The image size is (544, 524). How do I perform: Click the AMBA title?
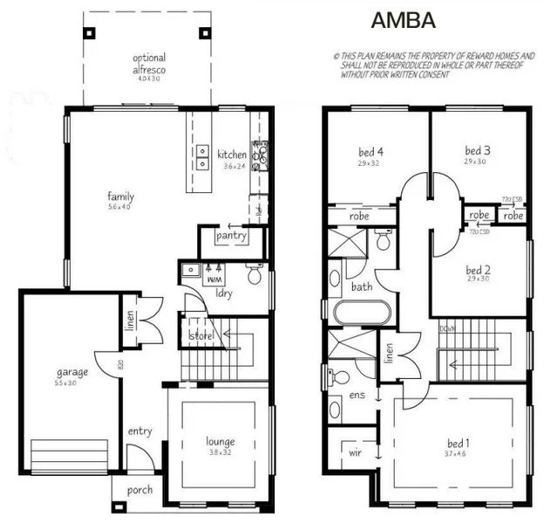point(403,20)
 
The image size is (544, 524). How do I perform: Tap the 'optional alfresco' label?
point(149,63)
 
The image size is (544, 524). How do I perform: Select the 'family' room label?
point(120,196)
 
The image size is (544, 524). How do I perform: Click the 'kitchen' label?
point(232,155)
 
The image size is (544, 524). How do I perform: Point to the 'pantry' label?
point(231,235)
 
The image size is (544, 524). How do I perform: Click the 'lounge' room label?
point(221,441)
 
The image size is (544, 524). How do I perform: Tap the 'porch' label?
point(139,491)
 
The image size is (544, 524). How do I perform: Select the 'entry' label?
point(139,431)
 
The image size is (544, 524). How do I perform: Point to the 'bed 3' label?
point(477,150)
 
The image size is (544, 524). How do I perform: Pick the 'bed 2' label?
point(479,269)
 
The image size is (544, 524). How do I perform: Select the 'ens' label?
point(357,396)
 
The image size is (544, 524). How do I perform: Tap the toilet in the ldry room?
point(254,276)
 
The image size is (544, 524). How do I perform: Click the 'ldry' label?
point(223,293)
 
